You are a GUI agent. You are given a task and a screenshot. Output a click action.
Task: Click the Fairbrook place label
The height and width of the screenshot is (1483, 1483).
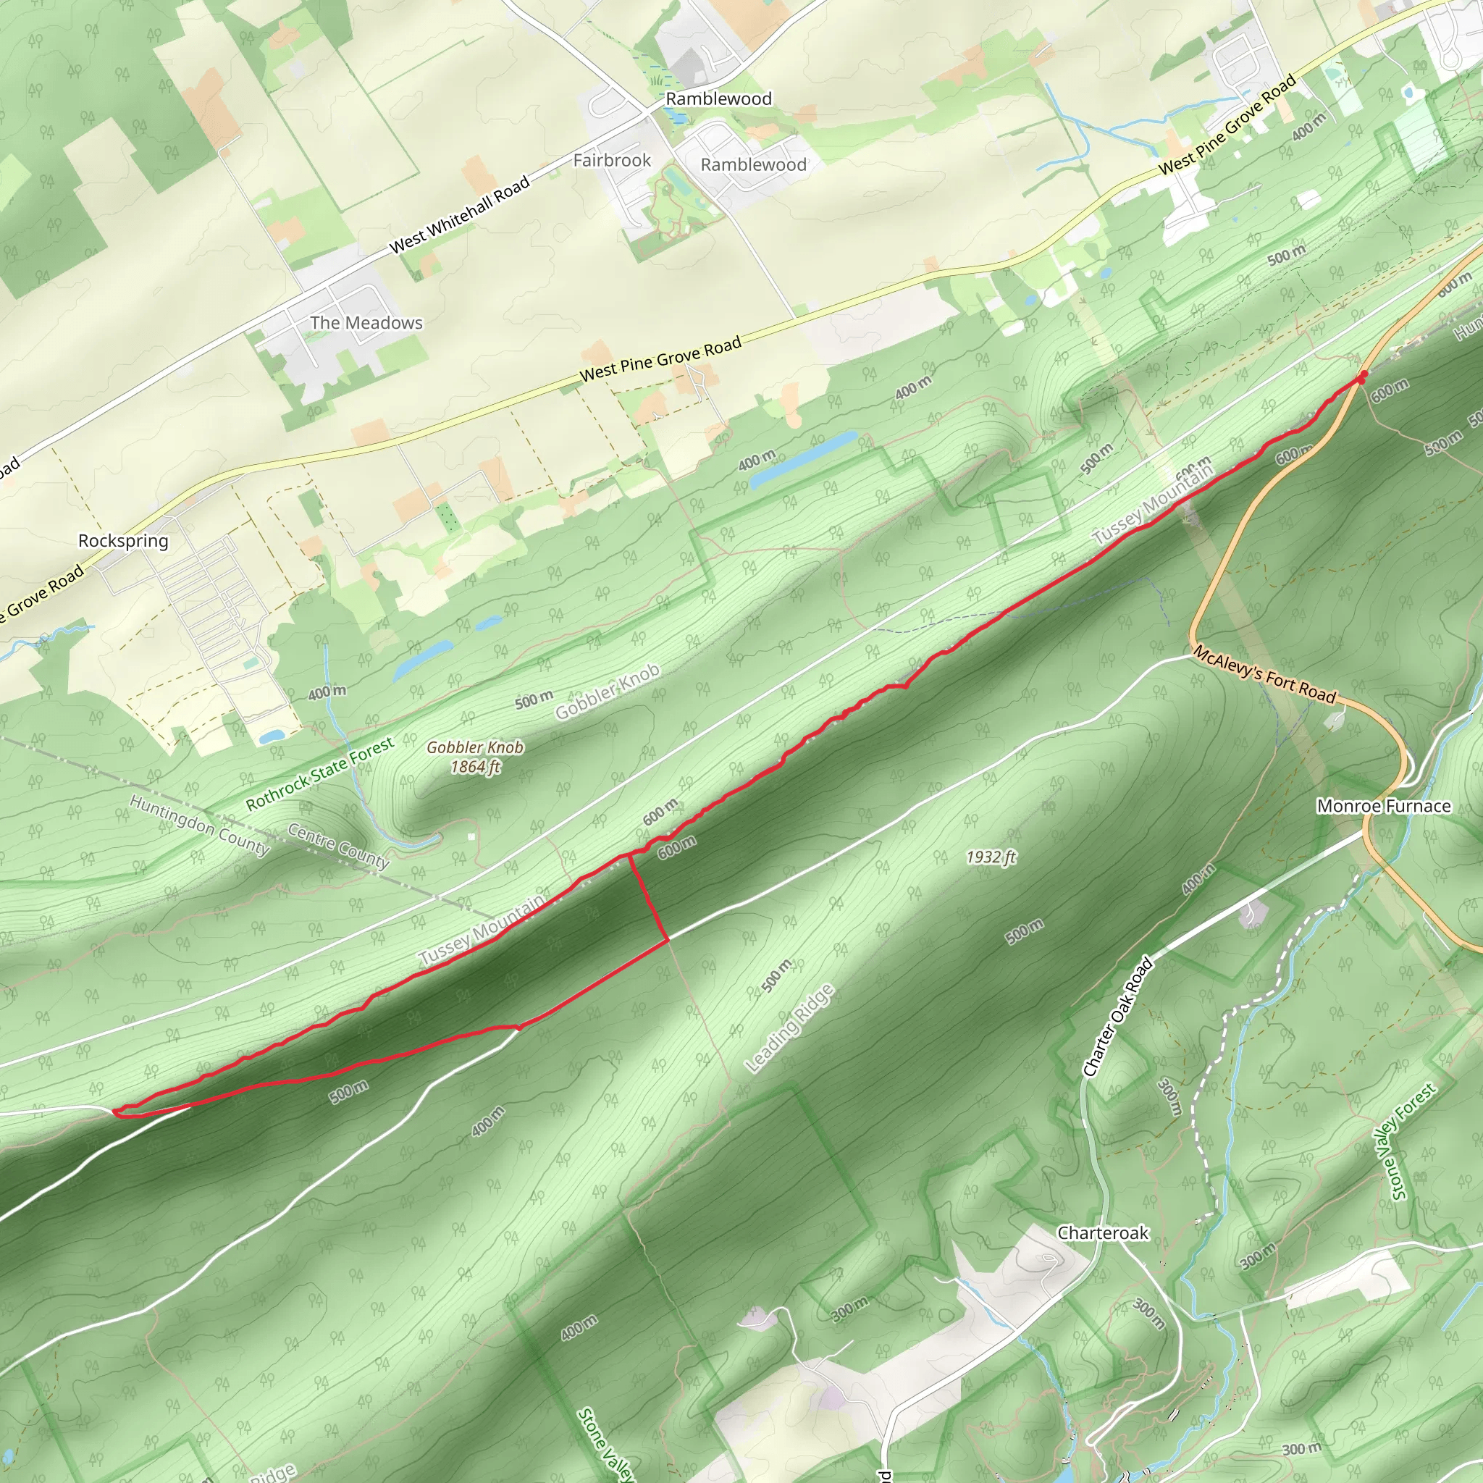coord(612,161)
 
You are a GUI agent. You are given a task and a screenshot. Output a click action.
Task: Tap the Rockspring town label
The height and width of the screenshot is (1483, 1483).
coord(123,540)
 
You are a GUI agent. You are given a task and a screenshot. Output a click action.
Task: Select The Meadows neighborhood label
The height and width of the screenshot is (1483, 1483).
coord(366,323)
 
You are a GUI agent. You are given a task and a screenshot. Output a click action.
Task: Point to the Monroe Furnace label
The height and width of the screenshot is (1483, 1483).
coord(1383,806)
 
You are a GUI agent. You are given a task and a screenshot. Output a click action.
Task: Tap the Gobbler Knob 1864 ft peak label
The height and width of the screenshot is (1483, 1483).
coord(475,757)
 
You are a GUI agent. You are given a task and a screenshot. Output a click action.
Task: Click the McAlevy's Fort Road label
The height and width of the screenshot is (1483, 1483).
coord(1264,675)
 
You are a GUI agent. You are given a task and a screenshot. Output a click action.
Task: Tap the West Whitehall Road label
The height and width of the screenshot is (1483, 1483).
coord(460,215)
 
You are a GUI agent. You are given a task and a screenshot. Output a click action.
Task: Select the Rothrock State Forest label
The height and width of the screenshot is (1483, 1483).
coord(320,773)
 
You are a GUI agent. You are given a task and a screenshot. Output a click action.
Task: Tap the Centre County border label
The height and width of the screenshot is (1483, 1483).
coord(338,845)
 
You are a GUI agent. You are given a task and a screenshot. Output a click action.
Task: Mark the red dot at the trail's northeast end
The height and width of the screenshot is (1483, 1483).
coord(1362,376)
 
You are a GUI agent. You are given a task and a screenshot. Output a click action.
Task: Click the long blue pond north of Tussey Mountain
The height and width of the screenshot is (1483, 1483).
coord(803,459)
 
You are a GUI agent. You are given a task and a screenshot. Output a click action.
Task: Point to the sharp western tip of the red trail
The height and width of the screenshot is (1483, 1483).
coord(115,1111)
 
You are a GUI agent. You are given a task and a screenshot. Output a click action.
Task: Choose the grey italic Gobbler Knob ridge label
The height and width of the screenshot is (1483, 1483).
coord(607,692)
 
